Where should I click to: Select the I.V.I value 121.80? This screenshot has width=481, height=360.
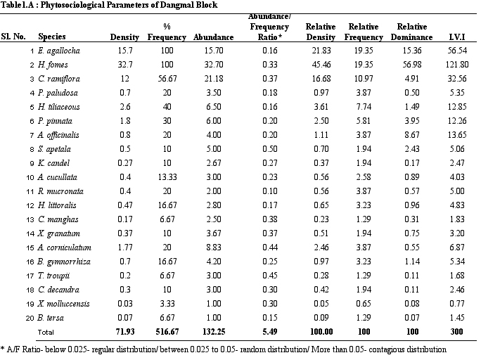[457, 65]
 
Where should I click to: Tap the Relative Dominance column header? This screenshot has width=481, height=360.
[411, 32]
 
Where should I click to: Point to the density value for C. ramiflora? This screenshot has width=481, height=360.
[125, 79]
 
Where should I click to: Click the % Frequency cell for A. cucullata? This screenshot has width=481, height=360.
[167, 177]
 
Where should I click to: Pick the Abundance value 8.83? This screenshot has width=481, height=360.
[214, 247]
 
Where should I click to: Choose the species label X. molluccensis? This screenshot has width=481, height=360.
[63, 304]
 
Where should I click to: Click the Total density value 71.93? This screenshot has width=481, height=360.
[125, 331]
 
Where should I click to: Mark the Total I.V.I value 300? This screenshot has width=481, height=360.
[457, 331]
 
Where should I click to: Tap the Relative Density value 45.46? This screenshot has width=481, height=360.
[321, 65]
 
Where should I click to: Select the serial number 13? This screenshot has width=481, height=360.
[30, 219]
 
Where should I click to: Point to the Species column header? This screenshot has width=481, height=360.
[52, 37]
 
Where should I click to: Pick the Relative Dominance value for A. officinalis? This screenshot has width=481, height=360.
[411, 134]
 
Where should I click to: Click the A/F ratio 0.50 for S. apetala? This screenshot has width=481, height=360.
[269, 149]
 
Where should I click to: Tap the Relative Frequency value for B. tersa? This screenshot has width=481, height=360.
[364, 318]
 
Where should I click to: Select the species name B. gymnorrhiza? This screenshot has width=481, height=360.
[64, 262]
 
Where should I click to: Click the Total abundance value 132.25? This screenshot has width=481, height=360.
[214, 331]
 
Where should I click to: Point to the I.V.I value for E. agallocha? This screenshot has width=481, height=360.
[457, 51]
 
